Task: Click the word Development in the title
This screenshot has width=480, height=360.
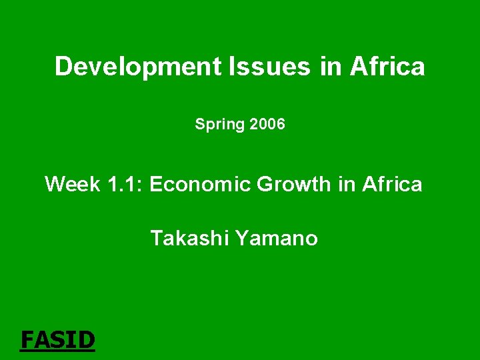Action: coord(138,67)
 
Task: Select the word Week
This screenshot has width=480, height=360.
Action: coord(72,184)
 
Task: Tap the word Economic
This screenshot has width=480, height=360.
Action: coord(199,184)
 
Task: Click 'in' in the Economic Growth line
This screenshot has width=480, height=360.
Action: coord(347,184)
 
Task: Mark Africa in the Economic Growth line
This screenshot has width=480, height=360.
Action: coord(392,184)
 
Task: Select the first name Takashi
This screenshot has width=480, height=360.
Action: coord(189,238)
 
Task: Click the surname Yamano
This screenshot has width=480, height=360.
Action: coord(276,238)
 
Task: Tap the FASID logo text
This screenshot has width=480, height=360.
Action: coord(58,340)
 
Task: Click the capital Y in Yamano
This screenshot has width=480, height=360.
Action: coord(240,238)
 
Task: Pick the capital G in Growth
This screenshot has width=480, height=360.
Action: coord(266,184)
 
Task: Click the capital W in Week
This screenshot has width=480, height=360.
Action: coord(55,184)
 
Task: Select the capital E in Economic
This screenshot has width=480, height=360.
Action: coord(156,184)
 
